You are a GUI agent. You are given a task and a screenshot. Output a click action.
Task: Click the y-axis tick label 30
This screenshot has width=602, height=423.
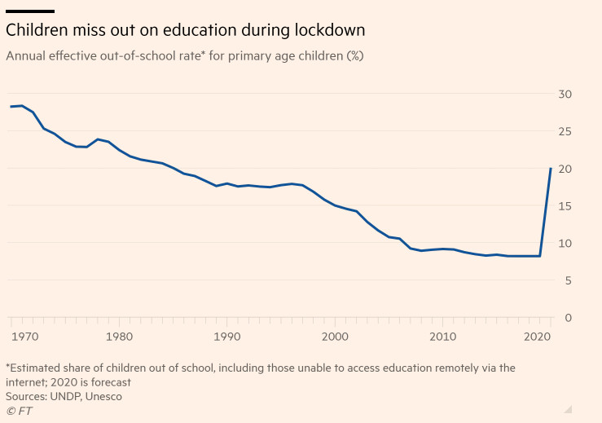click(x=565, y=95)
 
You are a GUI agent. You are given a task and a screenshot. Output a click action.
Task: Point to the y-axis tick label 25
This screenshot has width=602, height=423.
click(x=565, y=131)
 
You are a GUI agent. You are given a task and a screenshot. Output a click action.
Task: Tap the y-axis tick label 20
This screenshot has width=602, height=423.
click(x=565, y=169)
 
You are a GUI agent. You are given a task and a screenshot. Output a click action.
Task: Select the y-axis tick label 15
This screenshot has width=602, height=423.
click(x=565, y=206)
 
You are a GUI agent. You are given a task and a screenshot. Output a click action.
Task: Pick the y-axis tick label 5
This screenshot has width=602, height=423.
click(x=568, y=280)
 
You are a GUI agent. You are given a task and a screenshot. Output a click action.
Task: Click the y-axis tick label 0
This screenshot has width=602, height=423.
click(x=568, y=318)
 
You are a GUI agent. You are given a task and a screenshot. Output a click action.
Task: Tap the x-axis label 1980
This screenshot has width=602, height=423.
click(x=120, y=336)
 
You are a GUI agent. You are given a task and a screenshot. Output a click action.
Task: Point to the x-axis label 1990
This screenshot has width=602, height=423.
click(x=227, y=336)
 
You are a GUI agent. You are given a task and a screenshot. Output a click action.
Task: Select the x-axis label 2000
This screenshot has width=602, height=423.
click(x=335, y=336)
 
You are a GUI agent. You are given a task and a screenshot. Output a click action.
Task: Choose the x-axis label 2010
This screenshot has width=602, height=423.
click(x=442, y=336)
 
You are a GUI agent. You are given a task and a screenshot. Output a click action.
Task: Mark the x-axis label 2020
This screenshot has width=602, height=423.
click(x=538, y=336)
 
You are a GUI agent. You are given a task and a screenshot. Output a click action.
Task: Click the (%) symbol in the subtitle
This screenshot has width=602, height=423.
click(x=354, y=56)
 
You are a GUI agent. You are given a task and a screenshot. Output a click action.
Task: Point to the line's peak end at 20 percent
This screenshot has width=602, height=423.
click(x=551, y=169)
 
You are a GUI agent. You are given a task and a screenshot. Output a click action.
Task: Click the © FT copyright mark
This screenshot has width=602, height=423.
click(x=19, y=411)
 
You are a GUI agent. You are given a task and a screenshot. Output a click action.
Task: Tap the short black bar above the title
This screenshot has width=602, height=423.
click(x=30, y=11)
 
